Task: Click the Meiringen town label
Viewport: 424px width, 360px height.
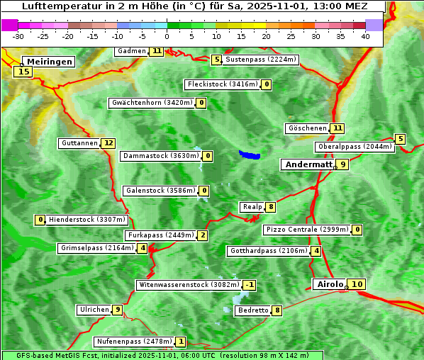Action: [x=50, y=62]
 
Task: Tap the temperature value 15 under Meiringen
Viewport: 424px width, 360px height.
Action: [x=24, y=71]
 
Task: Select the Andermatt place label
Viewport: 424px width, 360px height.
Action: [x=308, y=164]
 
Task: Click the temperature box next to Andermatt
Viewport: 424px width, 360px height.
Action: [x=342, y=164]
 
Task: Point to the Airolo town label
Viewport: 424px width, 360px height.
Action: [x=330, y=284]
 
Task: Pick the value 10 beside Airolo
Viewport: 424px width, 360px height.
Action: [x=357, y=284]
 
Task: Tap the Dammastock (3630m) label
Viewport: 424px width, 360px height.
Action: [x=160, y=156]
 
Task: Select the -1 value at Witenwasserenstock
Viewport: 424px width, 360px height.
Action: [x=249, y=285]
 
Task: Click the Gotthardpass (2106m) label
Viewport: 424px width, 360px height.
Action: [x=269, y=251]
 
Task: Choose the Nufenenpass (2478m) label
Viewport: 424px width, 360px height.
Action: [x=134, y=342]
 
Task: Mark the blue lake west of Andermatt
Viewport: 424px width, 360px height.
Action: [x=250, y=154]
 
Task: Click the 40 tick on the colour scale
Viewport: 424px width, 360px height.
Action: [x=365, y=36]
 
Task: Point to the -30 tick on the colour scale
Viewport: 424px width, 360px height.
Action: [x=18, y=36]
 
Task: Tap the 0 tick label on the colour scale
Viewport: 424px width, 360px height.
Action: [x=167, y=36]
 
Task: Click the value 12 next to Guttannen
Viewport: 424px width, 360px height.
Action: [x=108, y=143]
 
